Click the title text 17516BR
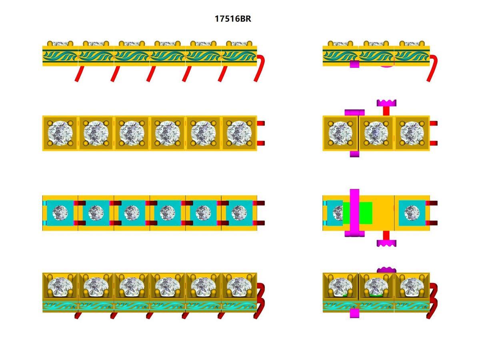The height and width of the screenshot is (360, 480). pos(233,18)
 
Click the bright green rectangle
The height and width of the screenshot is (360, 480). pos(365,212)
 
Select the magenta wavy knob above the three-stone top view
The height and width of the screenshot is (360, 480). pos(386,103)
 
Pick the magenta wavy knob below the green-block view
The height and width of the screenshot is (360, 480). pos(386,242)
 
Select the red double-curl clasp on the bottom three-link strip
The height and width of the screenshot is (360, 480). pos(433,300)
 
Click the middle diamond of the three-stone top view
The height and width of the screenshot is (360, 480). pos(376,133)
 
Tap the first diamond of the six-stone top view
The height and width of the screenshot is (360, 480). pos(60,133)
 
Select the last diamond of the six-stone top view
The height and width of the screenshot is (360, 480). pos(239,133)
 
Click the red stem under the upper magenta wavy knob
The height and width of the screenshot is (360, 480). pos(386,111)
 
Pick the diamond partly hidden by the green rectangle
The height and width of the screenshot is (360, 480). pos(338,212)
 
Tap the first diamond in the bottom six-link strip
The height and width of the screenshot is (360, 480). pos(60,287)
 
